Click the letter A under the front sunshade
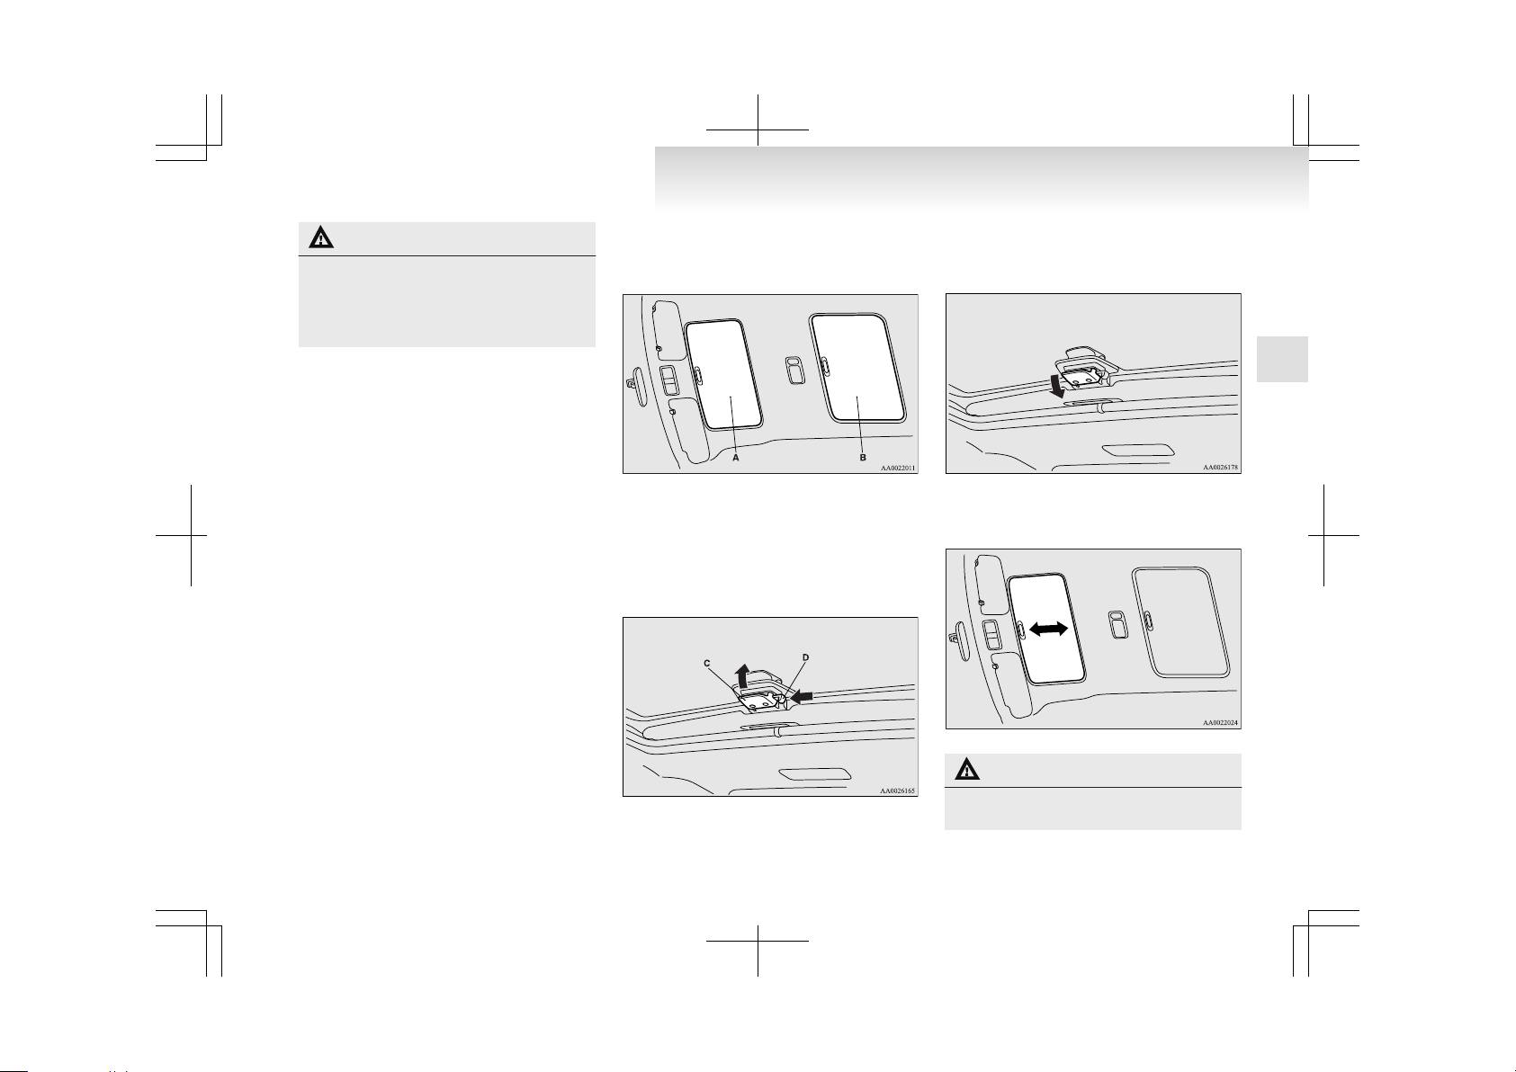click(x=736, y=458)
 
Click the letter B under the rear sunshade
click(x=863, y=458)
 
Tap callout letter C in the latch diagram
click(x=706, y=664)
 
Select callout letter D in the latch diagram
click(x=805, y=657)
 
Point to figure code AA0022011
click(x=897, y=468)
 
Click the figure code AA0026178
click(x=1220, y=468)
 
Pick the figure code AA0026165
click(x=897, y=791)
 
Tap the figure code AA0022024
click(x=1220, y=722)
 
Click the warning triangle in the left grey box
click(x=321, y=238)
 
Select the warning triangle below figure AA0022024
click(x=967, y=771)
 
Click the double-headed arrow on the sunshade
click(x=1048, y=629)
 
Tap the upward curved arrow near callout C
click(x=743, y=675)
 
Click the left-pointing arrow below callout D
click(x=802, y=697)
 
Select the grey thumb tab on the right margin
click(x=1282, y=359)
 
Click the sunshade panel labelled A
click(x=723, y=374)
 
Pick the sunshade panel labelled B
click(x=857, y=367)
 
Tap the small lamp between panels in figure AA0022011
click(x=795, y=370)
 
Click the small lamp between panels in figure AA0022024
click(x=1118, y=625)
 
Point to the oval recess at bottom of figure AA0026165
click(x=815, y=774)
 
